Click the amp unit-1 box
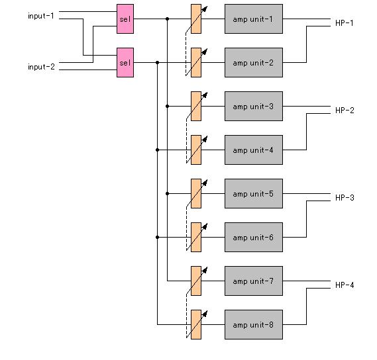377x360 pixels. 254,19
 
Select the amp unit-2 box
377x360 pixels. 254,62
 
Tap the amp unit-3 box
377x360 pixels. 254,106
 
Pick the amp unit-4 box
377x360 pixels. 254,150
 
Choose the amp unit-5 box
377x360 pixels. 254,194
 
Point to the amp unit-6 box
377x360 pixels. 254,238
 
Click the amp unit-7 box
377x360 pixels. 254,281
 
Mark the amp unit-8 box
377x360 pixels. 254,325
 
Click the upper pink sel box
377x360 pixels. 125,19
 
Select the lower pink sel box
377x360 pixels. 125,62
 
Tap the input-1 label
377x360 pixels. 41,16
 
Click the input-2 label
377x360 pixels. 41,67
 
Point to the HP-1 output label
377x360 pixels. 345,23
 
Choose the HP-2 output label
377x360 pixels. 345,111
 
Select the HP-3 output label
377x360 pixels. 345,198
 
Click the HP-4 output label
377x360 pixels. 345,285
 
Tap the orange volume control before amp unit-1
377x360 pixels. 196,19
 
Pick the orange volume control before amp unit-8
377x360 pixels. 196,325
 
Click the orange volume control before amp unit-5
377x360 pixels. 196,194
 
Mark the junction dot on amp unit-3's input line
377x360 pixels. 168,106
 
